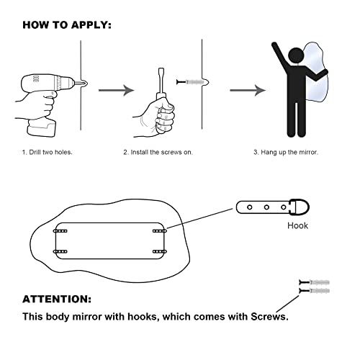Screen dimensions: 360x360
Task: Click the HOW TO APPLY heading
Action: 67,25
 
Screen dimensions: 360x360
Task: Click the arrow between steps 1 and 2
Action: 117,90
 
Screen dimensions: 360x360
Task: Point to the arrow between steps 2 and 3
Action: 248,90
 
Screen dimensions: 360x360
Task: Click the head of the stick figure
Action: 297,55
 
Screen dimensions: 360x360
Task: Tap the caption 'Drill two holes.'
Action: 50,152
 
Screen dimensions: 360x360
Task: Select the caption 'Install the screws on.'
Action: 161,152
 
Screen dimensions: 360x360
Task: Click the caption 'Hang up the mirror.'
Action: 289,152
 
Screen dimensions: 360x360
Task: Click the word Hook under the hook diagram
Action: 297,225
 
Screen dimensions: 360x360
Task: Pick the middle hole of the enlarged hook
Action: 266,207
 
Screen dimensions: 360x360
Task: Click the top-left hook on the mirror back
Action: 60,231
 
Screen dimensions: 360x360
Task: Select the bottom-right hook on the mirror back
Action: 160,252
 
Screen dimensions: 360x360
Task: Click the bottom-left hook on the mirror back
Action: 60,252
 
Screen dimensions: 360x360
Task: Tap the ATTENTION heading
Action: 57,300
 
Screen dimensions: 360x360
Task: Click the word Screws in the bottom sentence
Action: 269,317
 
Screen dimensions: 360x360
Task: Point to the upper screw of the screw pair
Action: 314,282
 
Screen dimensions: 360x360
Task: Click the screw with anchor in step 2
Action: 192,82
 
